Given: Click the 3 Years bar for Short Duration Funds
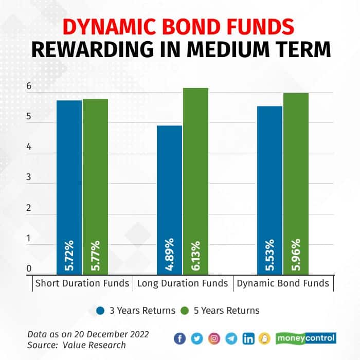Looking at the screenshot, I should [x=69, y=185].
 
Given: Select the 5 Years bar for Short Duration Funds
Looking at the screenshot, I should [x=95, y=185].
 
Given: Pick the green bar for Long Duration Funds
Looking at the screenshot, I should [x=196, y=180].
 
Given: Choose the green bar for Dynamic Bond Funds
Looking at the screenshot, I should [x=296, y=183].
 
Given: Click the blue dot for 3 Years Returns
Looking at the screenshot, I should [x=100, y=311].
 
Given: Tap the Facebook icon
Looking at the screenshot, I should [x=179, y=338].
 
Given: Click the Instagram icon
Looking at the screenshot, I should [x=214, y=338].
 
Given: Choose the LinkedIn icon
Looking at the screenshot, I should [x=248, y=338].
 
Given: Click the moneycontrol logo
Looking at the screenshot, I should [x=305, y=338].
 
